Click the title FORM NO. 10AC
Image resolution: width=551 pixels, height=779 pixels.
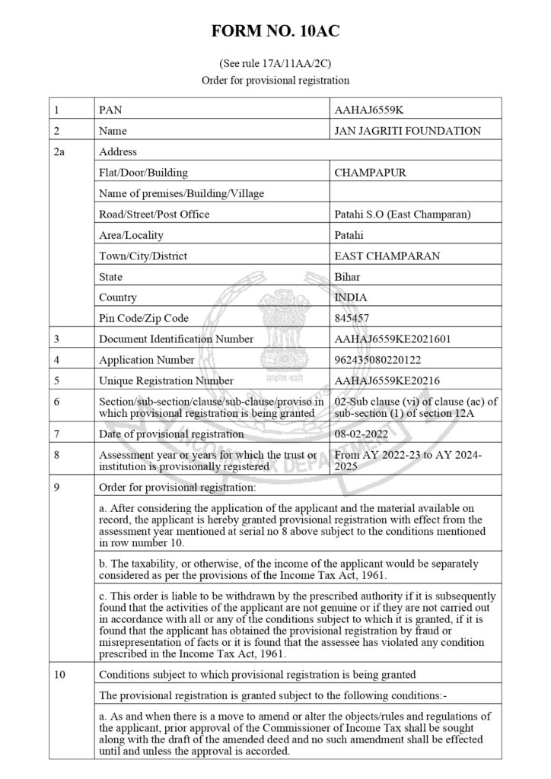coord(275,32)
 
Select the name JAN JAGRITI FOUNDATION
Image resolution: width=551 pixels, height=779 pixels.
coord(407,131)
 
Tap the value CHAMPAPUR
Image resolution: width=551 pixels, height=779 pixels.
coord(370,173)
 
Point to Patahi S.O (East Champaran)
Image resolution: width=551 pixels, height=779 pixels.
coord(403,215)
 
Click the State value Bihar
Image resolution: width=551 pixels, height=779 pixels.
coord(347,277)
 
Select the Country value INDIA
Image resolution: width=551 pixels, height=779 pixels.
coord(350,297)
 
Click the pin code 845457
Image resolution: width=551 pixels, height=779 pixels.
coord(352,318)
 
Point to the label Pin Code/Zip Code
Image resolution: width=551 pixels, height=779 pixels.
coord(144,318)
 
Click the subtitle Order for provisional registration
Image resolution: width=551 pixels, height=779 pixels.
coord(275,80)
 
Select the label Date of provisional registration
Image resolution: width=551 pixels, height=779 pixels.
coord(171,434)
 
